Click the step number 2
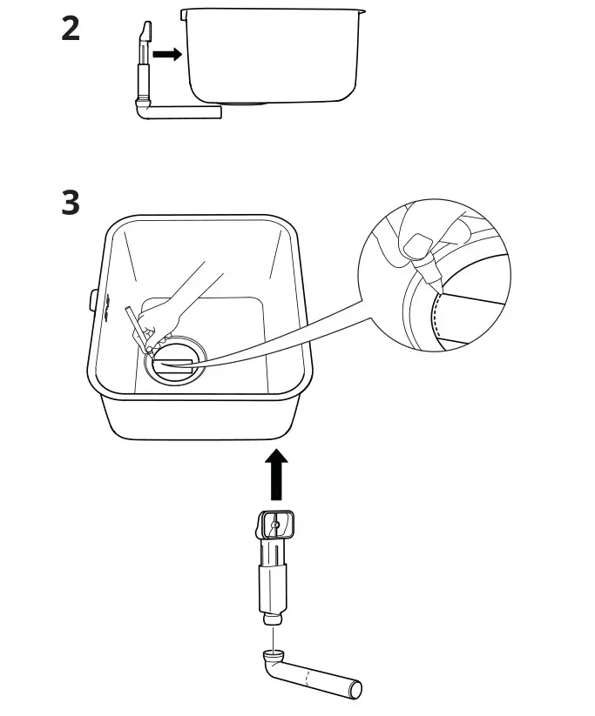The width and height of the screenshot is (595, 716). click(71, 30)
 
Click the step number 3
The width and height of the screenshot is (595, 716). click(71, 204)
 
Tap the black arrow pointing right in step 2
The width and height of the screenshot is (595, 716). click(166, 54)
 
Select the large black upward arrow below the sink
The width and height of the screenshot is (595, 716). click(276, 474)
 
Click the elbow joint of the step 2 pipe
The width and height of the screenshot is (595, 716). click(142, 108)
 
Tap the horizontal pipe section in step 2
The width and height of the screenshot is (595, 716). click(187, 111)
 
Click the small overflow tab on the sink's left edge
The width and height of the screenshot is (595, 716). click(92, 300)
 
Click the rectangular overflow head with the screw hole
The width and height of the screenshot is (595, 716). click(275, 525)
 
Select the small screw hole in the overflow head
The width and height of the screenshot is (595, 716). click(275, 525)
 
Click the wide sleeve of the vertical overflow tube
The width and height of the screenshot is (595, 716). click(272, 588)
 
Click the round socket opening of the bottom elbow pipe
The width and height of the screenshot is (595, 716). click(273, 654)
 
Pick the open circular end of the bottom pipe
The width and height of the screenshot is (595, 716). click(355, 690)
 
